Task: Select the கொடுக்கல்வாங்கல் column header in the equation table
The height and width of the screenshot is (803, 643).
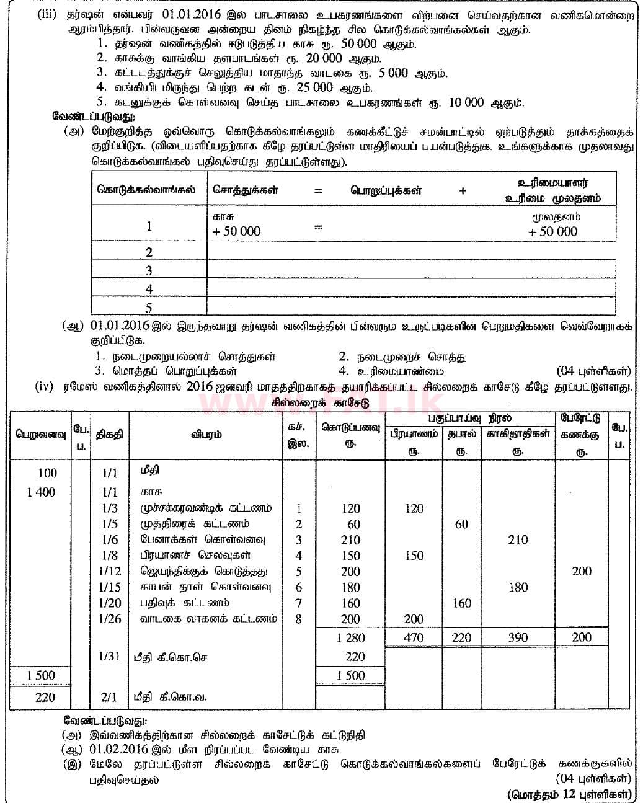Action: point(146,190)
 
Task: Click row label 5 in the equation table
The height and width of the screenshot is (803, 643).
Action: point(149,308)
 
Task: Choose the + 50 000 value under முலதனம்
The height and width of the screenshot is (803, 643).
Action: point(552,232)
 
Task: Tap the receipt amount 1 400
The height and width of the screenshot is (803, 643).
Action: point(41,492)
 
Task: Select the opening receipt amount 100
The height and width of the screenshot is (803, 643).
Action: point(47,473)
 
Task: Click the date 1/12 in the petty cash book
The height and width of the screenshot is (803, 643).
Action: point(110,571)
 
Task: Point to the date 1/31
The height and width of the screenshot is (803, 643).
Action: point(110,656)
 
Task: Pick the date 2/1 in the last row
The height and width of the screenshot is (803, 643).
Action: point(109,697)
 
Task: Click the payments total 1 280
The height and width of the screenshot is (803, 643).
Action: point(350,637)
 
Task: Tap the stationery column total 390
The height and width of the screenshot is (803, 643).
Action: point(518,637)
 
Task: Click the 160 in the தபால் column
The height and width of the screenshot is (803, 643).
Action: point(462,603)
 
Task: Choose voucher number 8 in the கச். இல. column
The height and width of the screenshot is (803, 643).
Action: point(299,619)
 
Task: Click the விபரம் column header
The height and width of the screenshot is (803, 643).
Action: point(206,434)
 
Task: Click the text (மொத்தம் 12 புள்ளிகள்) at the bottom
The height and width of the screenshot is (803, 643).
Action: point(569,794)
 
